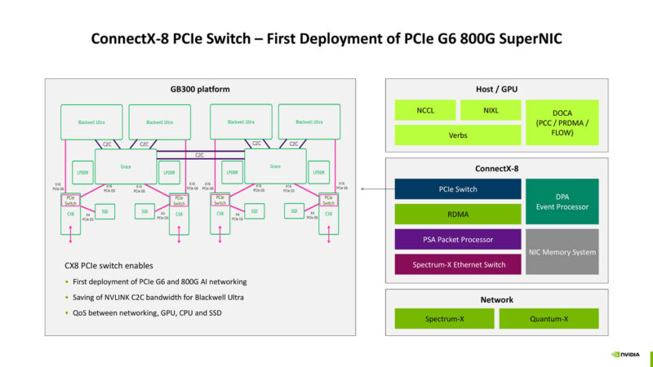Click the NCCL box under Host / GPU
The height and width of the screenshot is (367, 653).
[424, 110]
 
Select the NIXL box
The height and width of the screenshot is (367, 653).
[490, 110]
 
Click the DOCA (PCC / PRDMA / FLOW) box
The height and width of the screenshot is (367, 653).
[562, 122]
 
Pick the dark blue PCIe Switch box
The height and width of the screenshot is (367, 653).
[457, 189]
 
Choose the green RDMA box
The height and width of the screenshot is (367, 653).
[457, 214]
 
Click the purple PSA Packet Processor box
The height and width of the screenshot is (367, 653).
[457, 239]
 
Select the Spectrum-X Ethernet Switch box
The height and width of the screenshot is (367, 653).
[457, 264]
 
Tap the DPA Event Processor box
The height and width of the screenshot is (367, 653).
[562, 201]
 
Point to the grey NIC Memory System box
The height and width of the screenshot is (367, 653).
[562, 252]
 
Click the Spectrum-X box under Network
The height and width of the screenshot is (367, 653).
[444, 318]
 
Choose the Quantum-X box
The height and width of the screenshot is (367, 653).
[549, 318]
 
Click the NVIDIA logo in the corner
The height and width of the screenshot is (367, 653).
[626, 355]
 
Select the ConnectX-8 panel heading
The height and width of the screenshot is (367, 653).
[497, 169]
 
